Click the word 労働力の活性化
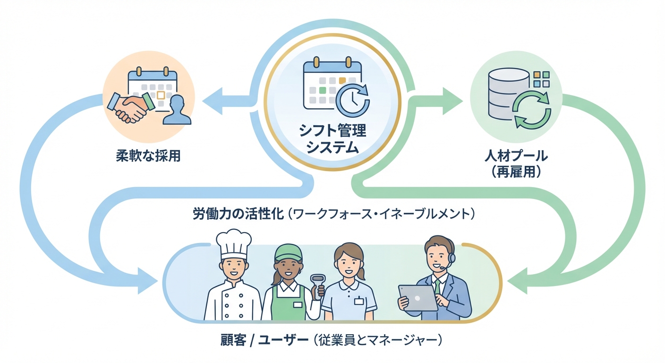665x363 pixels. coord(238,214)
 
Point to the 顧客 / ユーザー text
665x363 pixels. coord(262,340)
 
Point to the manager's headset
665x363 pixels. coord(451,258)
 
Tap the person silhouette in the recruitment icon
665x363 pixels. coord(178,110)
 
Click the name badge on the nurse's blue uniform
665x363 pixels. coord(359,301)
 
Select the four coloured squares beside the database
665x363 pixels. coord(541,79)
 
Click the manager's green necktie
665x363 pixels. coord(437,287)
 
